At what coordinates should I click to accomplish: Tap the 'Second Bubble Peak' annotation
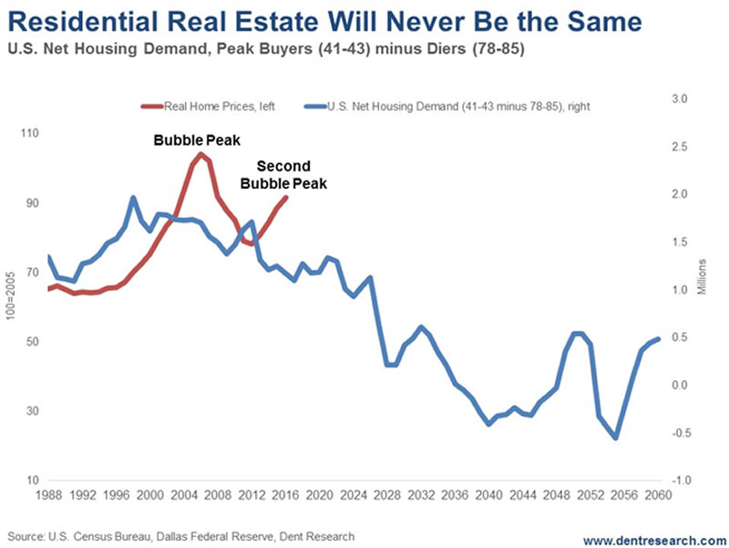(283, 174)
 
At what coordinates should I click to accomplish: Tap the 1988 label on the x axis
(49, 496)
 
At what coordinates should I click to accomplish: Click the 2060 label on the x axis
(658, 496)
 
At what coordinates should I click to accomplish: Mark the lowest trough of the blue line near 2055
(615, 438)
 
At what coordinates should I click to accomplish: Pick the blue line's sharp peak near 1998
(133, 197)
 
